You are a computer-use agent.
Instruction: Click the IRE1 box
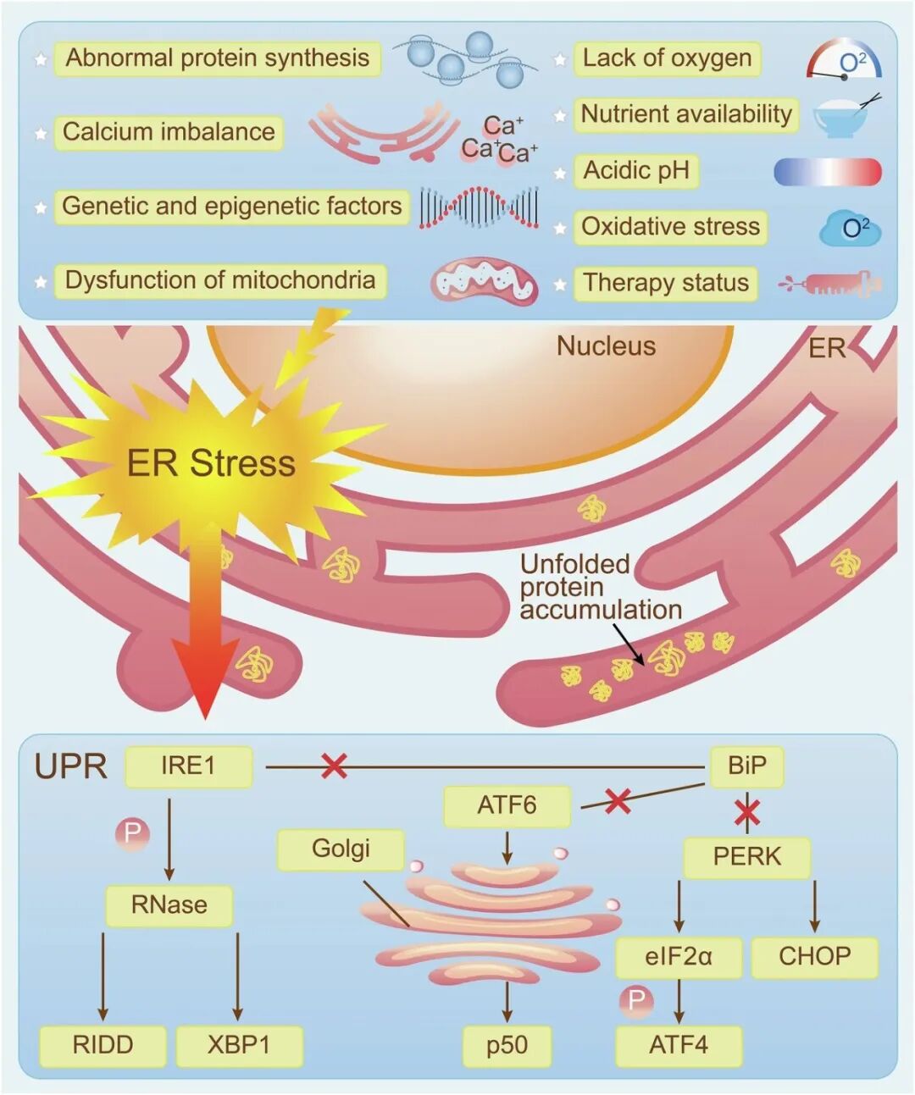[188, 766]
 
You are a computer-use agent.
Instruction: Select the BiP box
[746, 766]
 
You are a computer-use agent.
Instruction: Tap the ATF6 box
[507, 805]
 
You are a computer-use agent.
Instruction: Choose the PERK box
[746, 857]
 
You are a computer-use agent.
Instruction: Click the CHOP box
[814, 957]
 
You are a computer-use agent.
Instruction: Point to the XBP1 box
[239, 1045]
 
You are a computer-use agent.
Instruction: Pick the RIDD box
[103, 1045]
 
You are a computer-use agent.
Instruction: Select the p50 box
[507, 1045]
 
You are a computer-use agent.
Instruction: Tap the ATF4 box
[679, 1045]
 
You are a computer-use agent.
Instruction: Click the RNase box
[169, 905]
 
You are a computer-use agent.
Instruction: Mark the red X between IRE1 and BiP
[335, 766]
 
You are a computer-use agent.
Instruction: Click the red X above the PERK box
[746, 813]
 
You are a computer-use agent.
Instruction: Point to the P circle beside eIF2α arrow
[636, 1002]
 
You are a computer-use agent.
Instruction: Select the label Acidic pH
[636, 171]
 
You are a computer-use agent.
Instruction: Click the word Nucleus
[606, 346]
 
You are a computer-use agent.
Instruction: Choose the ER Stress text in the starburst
[211, 463]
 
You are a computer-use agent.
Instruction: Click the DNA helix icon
[479, 207]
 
